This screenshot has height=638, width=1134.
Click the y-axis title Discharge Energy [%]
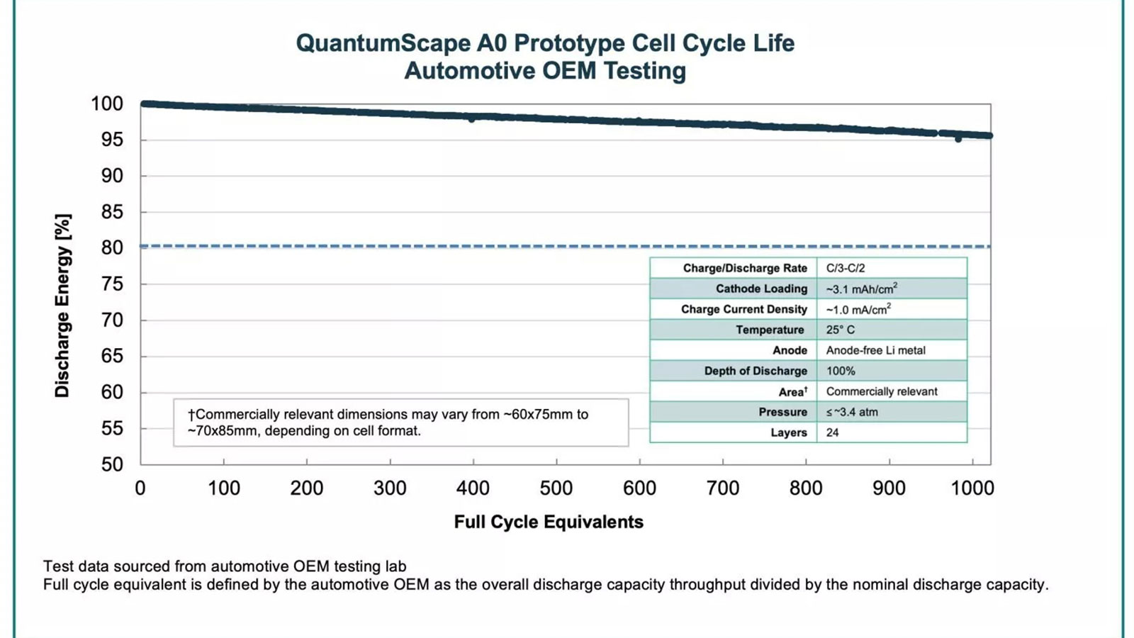click(62, 305)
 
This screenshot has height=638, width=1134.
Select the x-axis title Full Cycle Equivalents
click(549, 522)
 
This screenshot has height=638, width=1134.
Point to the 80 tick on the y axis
click(112, 247)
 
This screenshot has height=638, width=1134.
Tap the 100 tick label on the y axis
click(107, 103)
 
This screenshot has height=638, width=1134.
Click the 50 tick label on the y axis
click(112, 464)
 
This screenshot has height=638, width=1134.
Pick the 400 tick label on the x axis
click(473, 488)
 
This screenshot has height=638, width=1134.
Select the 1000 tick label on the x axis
click(972, 488)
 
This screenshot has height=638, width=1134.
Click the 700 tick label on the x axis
click(722, 488)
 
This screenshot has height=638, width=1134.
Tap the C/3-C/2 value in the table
click(846, 268)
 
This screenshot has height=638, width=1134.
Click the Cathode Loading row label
click(761, 289)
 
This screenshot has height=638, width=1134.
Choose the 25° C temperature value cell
click(841, 330)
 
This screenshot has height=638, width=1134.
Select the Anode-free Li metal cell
click(875, 350)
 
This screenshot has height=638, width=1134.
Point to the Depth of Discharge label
click(756, 371)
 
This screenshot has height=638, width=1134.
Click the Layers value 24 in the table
click(833, 432)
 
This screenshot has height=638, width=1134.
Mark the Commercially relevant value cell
click(882, 391)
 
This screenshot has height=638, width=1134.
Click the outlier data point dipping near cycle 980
click(958, 139)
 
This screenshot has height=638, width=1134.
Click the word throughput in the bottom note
click(707, 585)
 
